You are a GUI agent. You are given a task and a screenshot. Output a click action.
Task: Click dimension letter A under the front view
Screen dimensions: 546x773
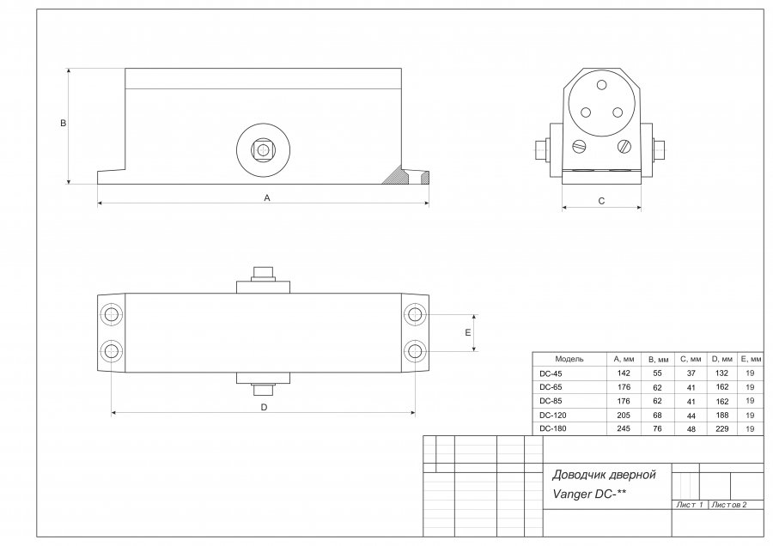pyautogui.click(x=267, y=197)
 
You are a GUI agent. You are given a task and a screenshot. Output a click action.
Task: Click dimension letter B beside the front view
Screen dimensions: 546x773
pyautogui.click(x=63, y=124)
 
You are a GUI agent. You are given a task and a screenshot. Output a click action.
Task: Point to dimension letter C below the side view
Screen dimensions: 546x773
pyautogui.click(x=601, y=201)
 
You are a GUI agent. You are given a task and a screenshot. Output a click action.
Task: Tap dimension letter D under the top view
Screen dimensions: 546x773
pyautogui.click(x=264, y=408)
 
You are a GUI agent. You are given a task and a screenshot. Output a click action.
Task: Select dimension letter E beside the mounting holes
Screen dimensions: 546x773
pyautogui.click(x=467, y=332)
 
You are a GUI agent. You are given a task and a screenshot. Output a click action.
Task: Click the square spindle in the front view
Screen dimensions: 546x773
pyautogui.click(x=260, y=149)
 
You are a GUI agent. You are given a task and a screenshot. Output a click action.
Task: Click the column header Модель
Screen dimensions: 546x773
pyautogui.click(x=569, y=359)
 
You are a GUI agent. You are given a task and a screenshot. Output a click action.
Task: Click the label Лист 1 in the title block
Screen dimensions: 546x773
pyautogui.click(x=689, y=505)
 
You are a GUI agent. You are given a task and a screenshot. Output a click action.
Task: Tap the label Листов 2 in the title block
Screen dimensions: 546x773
pyautogui.click(x=728, y=505)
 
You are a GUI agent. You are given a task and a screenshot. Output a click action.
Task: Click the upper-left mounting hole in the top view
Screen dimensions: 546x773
pyautogui.click(x=111, y=315)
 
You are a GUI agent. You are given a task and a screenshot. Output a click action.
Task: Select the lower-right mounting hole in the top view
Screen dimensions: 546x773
pyautogui.click(x=416, y=351)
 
